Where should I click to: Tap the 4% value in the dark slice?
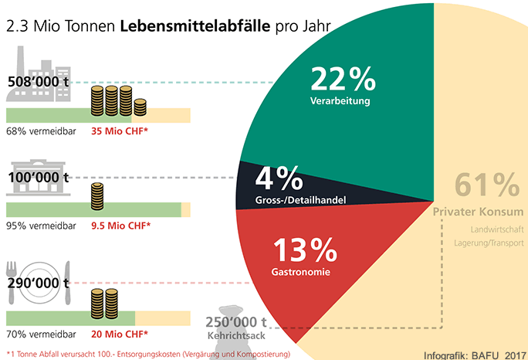280,179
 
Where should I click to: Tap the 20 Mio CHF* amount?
120,335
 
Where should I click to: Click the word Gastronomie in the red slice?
303,273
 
